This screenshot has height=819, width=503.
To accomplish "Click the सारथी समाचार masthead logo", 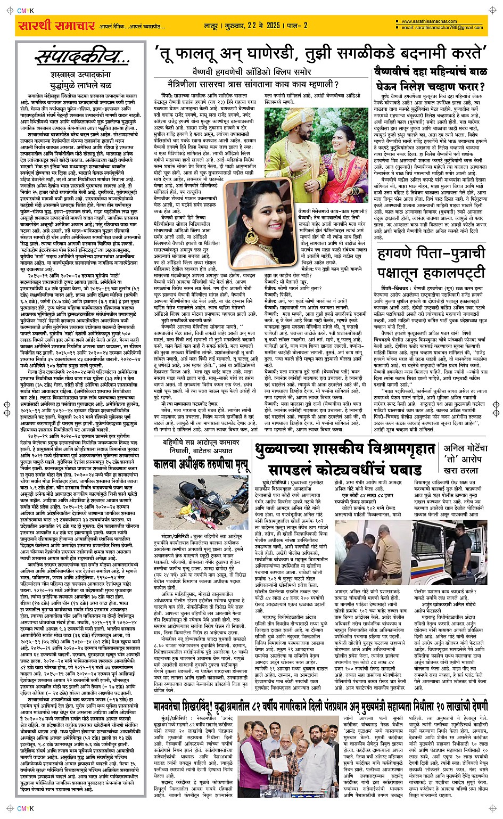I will point(56,26).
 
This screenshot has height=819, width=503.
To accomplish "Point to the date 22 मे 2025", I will point(254,26).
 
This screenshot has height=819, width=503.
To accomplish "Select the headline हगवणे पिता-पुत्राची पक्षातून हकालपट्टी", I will point(431,263).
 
